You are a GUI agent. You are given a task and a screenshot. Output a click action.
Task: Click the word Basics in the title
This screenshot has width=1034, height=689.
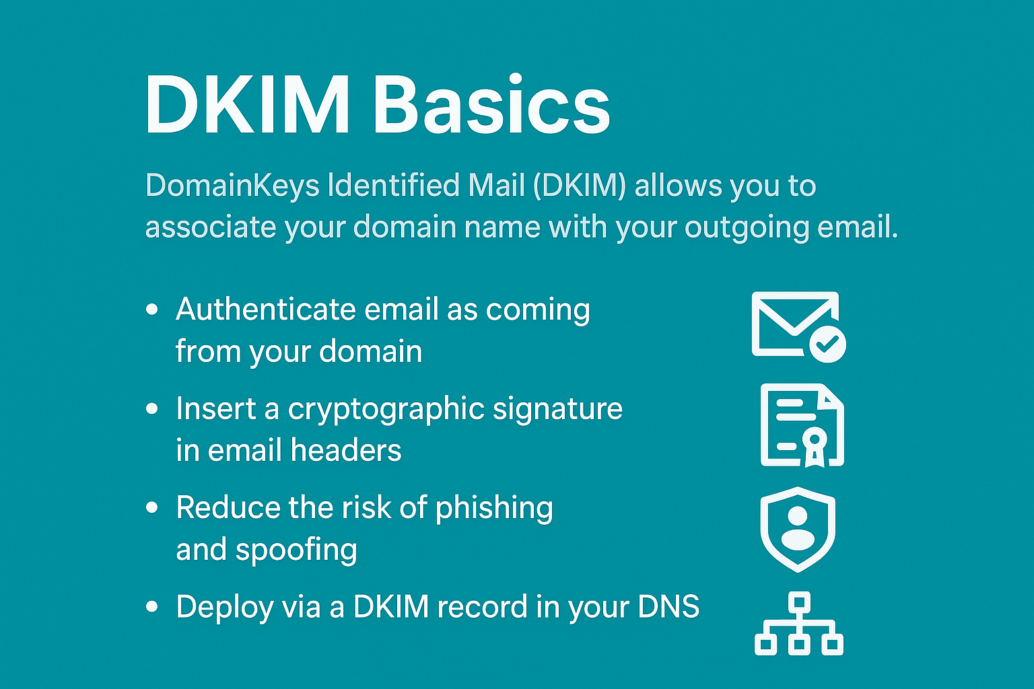click(x=491, y=105)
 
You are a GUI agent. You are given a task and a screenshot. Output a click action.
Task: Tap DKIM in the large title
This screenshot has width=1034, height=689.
click(x=247, y=105)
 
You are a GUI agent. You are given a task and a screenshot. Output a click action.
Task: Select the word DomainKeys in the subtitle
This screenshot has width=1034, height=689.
click(x=232, y=186)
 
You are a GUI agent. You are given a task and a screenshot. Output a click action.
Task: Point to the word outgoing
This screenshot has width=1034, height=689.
click(x=746, y=227)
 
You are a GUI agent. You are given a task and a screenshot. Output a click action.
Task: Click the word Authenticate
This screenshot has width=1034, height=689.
click(x=265, y=310)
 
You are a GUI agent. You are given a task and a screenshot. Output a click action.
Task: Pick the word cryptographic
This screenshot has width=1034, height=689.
click(x=386, y=409)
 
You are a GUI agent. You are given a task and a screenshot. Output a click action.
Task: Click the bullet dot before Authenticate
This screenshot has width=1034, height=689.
click(x=152, y=310)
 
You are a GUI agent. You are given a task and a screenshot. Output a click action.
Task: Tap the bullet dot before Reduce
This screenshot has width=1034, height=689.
click(x=152, y=507)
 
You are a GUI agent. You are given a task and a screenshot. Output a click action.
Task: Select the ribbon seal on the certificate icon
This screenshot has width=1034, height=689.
click(x=814, y=445)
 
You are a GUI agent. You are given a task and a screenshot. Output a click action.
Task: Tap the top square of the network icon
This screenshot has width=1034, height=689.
click(x=799, y=602)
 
